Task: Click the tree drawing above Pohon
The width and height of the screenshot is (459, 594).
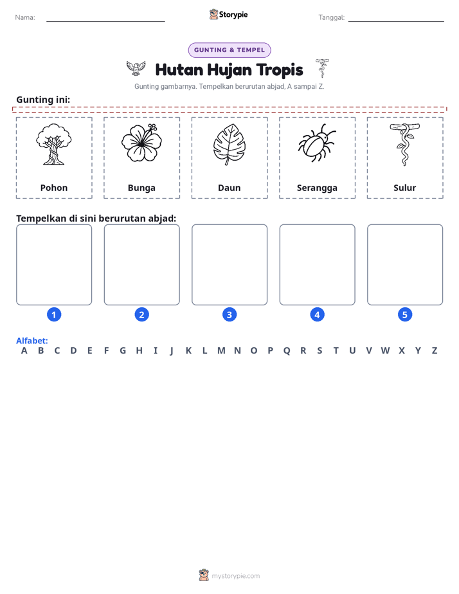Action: tap(54, 145)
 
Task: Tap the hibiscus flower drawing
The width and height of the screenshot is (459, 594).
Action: tap(141, 143)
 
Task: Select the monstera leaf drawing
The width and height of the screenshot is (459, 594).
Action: tap(229, 145)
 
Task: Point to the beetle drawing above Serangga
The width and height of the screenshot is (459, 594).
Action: tap(317, 143)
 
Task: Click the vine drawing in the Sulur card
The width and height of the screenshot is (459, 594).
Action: tap(404, 145)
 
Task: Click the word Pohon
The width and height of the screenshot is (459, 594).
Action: tap(54, 188)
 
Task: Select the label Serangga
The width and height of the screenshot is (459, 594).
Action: tap(317, 188)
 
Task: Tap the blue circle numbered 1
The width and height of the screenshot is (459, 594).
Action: tap(54, 314)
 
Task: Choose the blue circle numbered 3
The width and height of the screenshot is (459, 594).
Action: tap(229, 314)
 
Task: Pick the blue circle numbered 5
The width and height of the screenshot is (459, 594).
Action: tap(405, 314)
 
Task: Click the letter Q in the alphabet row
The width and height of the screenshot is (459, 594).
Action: tap(287, 351)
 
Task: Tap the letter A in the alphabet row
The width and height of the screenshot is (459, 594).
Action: tap(24, 351)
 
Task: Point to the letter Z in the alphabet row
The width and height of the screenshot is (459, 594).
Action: tap(435, 351)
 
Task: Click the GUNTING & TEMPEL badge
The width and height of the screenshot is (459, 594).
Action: tap(230, 50)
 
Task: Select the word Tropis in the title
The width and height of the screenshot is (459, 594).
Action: tap(280, 70)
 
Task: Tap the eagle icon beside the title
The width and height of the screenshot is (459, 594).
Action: tap(136, 67)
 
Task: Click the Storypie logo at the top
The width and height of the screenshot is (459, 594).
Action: tap(228, 14)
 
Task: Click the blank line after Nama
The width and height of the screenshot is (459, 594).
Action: tap(105, 21)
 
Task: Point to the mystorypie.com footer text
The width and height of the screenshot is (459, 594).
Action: tap(235, 576)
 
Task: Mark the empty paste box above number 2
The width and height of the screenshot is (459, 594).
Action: tap(141, 264)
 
